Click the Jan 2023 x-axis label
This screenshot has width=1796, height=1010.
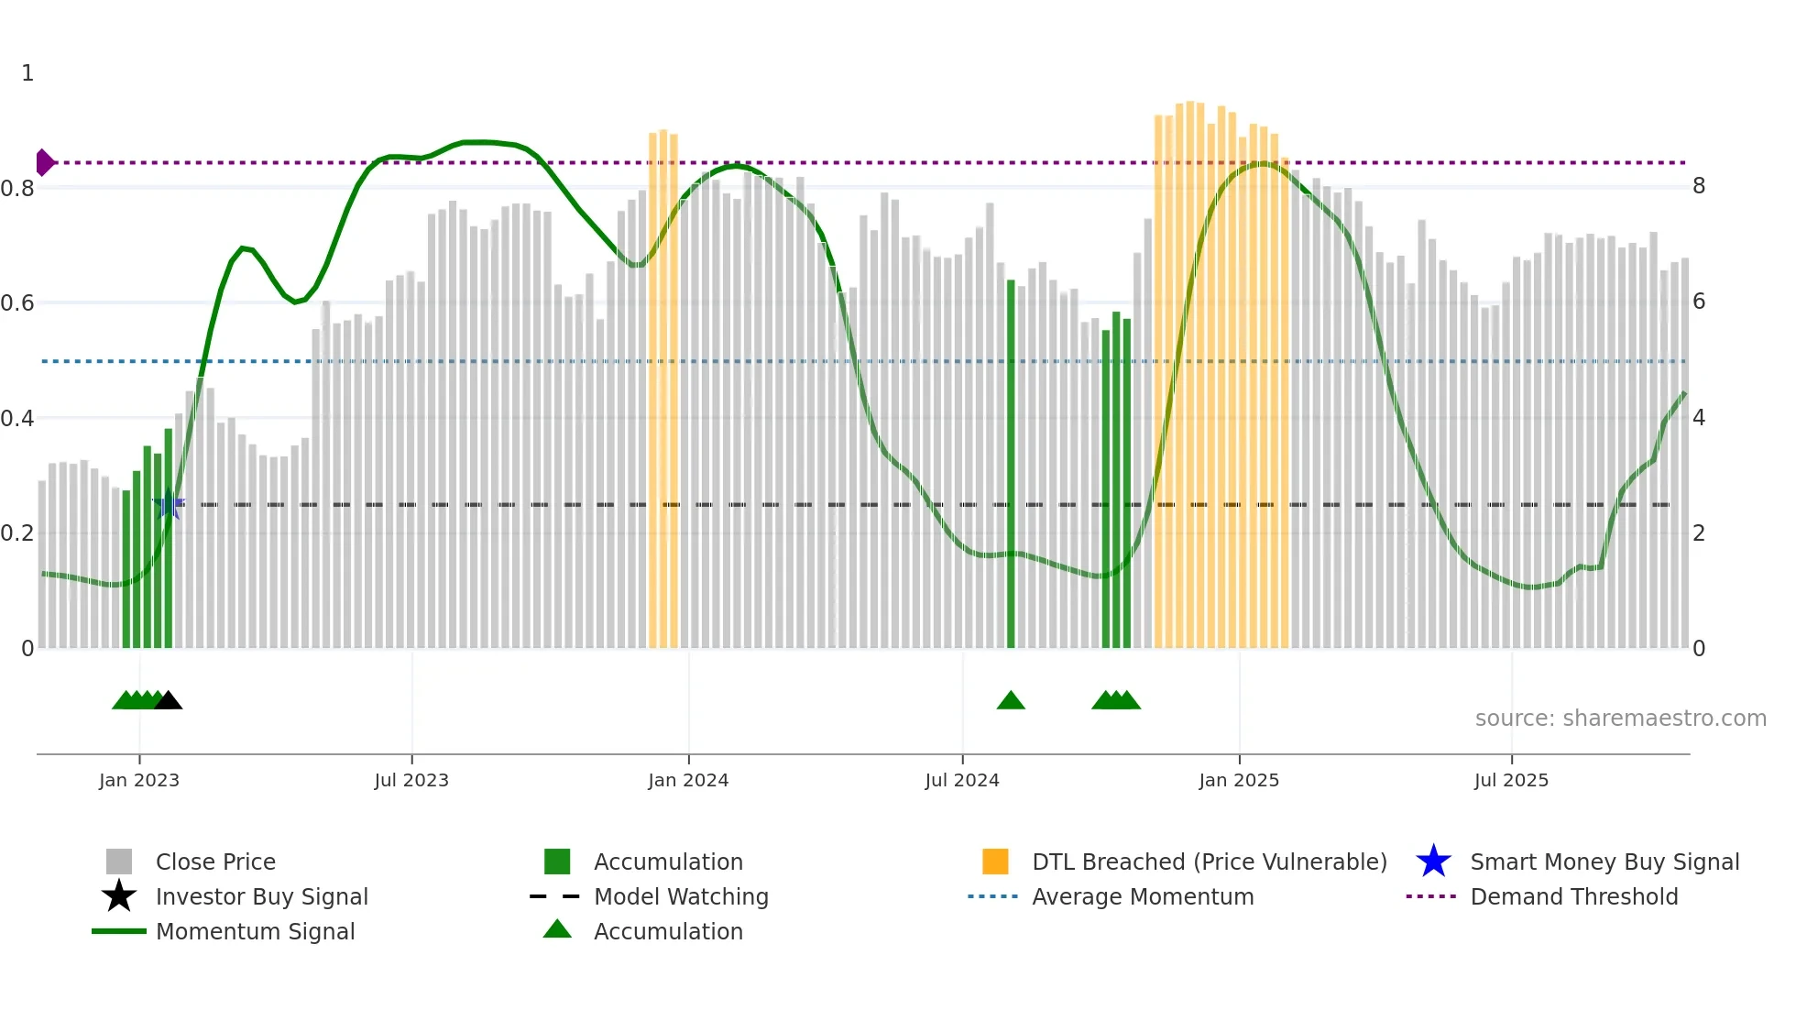click(139, 780)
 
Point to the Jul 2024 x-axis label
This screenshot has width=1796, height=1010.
click(962, 780)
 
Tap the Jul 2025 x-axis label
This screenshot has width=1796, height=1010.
click(1511, 780)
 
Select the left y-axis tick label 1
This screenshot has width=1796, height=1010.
click(27, 73)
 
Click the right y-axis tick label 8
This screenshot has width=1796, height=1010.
click(1699, 186)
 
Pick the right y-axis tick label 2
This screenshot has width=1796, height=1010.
click(1699, 532)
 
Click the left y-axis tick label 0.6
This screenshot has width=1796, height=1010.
click(17, 302)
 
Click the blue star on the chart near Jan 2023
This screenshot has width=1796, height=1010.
click(168, 505)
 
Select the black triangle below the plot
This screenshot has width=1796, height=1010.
click(168, 701)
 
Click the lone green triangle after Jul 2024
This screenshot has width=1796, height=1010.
click(1011, 701)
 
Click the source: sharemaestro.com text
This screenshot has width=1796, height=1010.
click(1620, 718)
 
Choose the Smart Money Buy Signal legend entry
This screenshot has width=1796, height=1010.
click(1604, 862)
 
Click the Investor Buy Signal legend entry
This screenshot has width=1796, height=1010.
click(261, 896)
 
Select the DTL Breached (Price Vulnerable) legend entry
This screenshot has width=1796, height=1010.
click(1209, 862)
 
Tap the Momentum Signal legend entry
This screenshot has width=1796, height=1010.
click(255, 931)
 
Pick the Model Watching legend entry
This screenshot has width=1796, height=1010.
click(681, 896)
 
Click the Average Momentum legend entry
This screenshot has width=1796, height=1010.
click(1143, 896)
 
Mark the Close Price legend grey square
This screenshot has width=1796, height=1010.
click(119, 862)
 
